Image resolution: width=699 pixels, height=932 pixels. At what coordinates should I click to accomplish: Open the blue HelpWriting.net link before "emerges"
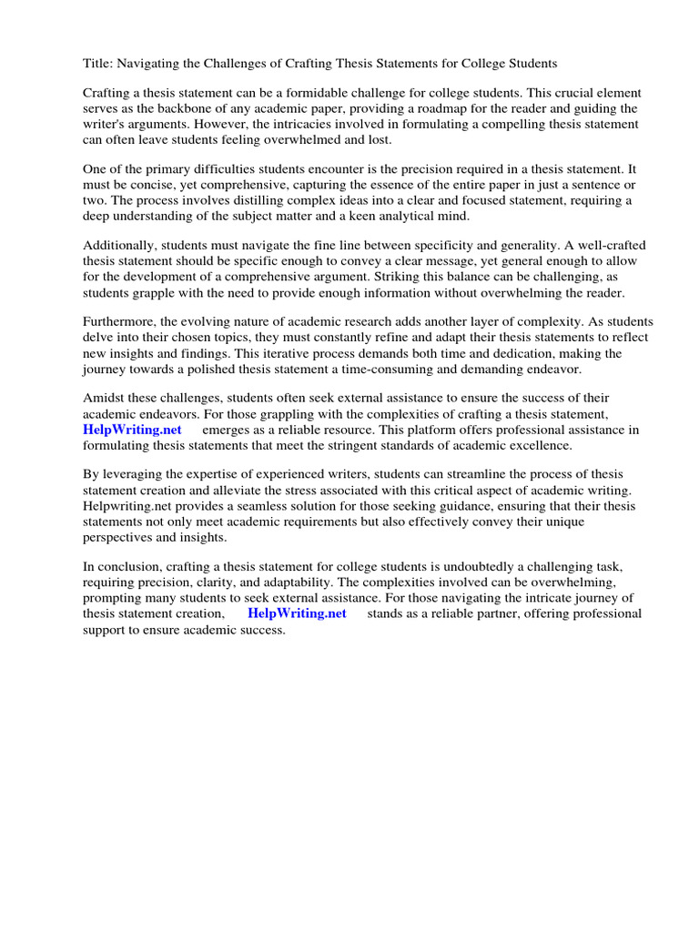[133, 430]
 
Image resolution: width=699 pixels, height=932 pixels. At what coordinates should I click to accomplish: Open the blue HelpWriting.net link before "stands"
[297, 613]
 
